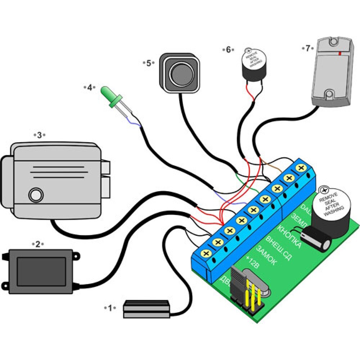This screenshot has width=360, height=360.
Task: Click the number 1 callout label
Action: coord(111,308)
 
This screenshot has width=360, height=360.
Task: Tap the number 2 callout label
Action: coord(38,244)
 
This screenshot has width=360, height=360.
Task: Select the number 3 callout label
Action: coord(40,135)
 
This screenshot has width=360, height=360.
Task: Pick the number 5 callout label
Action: coord(149,63)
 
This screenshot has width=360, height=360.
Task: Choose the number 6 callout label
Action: coord(228,50)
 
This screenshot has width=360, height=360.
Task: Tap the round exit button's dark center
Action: coord(179,73)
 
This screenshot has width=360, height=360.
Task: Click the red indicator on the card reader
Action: coord(340,53)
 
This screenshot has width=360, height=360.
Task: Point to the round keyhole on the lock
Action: coord(35,194)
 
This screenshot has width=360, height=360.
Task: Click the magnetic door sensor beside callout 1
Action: coord(146,309)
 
